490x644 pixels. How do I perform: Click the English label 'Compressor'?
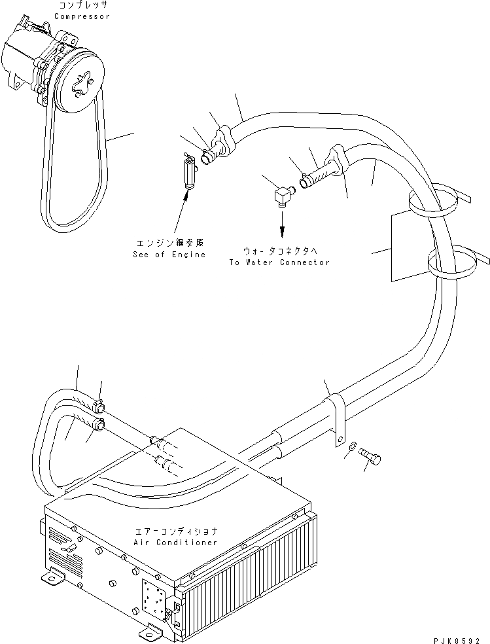(82, 16)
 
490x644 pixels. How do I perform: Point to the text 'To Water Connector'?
(279, 262)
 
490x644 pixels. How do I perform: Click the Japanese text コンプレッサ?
(82, 5)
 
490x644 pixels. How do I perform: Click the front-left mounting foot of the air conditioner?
(53, 577)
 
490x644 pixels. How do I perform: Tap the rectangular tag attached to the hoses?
(411, 247)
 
